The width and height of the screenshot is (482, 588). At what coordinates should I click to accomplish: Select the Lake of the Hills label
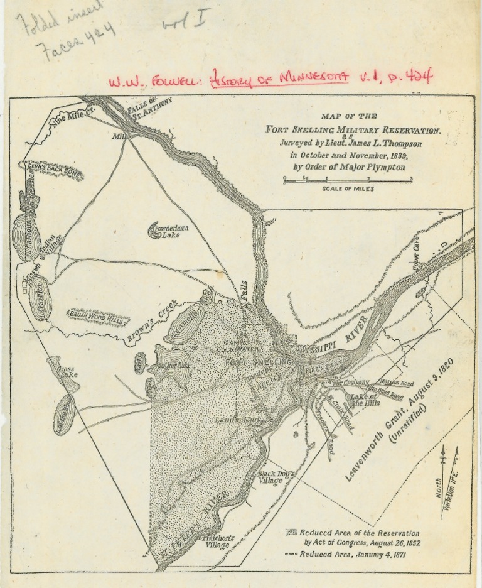(x=364, y=400)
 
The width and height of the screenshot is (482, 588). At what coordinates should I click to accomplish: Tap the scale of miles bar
(x=347, y=180)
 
